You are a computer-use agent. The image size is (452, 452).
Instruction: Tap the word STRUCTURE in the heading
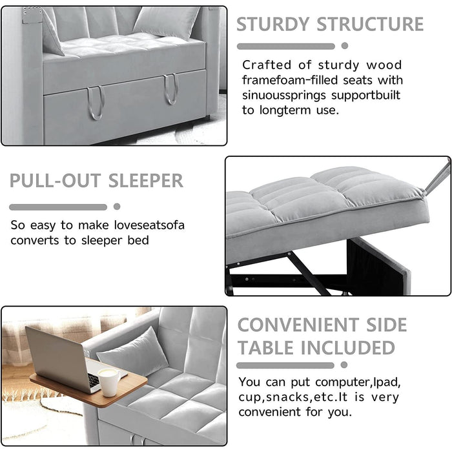[x=371, y=24]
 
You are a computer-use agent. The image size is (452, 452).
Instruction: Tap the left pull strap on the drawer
[x=96, y=103]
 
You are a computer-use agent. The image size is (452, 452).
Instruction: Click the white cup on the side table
[x=109, y=382]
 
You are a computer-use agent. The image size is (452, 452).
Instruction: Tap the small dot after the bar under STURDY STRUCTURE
[x=345, y=46]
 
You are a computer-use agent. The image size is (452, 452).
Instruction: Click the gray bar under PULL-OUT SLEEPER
[x=58, y=207]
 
